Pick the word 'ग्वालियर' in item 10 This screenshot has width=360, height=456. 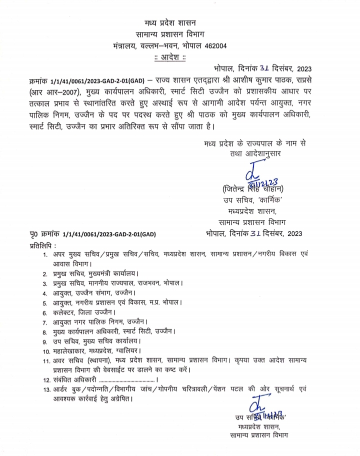tap(128, 352)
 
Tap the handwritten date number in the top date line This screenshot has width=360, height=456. tap(262, 69)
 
